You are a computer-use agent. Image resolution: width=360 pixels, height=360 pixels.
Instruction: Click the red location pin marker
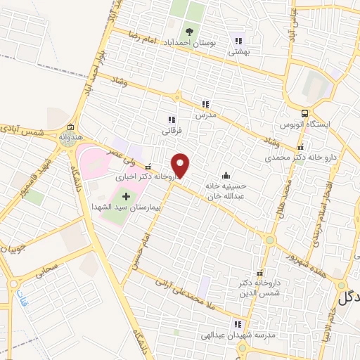181,165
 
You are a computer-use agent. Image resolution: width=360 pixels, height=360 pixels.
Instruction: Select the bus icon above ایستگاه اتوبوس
304,112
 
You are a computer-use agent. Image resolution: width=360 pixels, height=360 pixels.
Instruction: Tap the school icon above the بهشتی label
238,41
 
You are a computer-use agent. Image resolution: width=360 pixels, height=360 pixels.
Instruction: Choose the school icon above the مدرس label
205,103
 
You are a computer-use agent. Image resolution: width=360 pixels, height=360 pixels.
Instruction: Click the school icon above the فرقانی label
172,120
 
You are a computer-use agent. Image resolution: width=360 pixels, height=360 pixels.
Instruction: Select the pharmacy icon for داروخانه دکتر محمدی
301,148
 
